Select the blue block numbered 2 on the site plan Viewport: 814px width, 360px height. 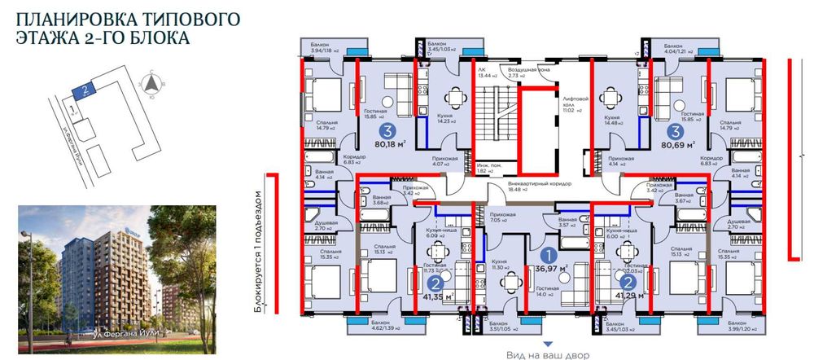83,91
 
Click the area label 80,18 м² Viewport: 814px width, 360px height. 387,146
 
